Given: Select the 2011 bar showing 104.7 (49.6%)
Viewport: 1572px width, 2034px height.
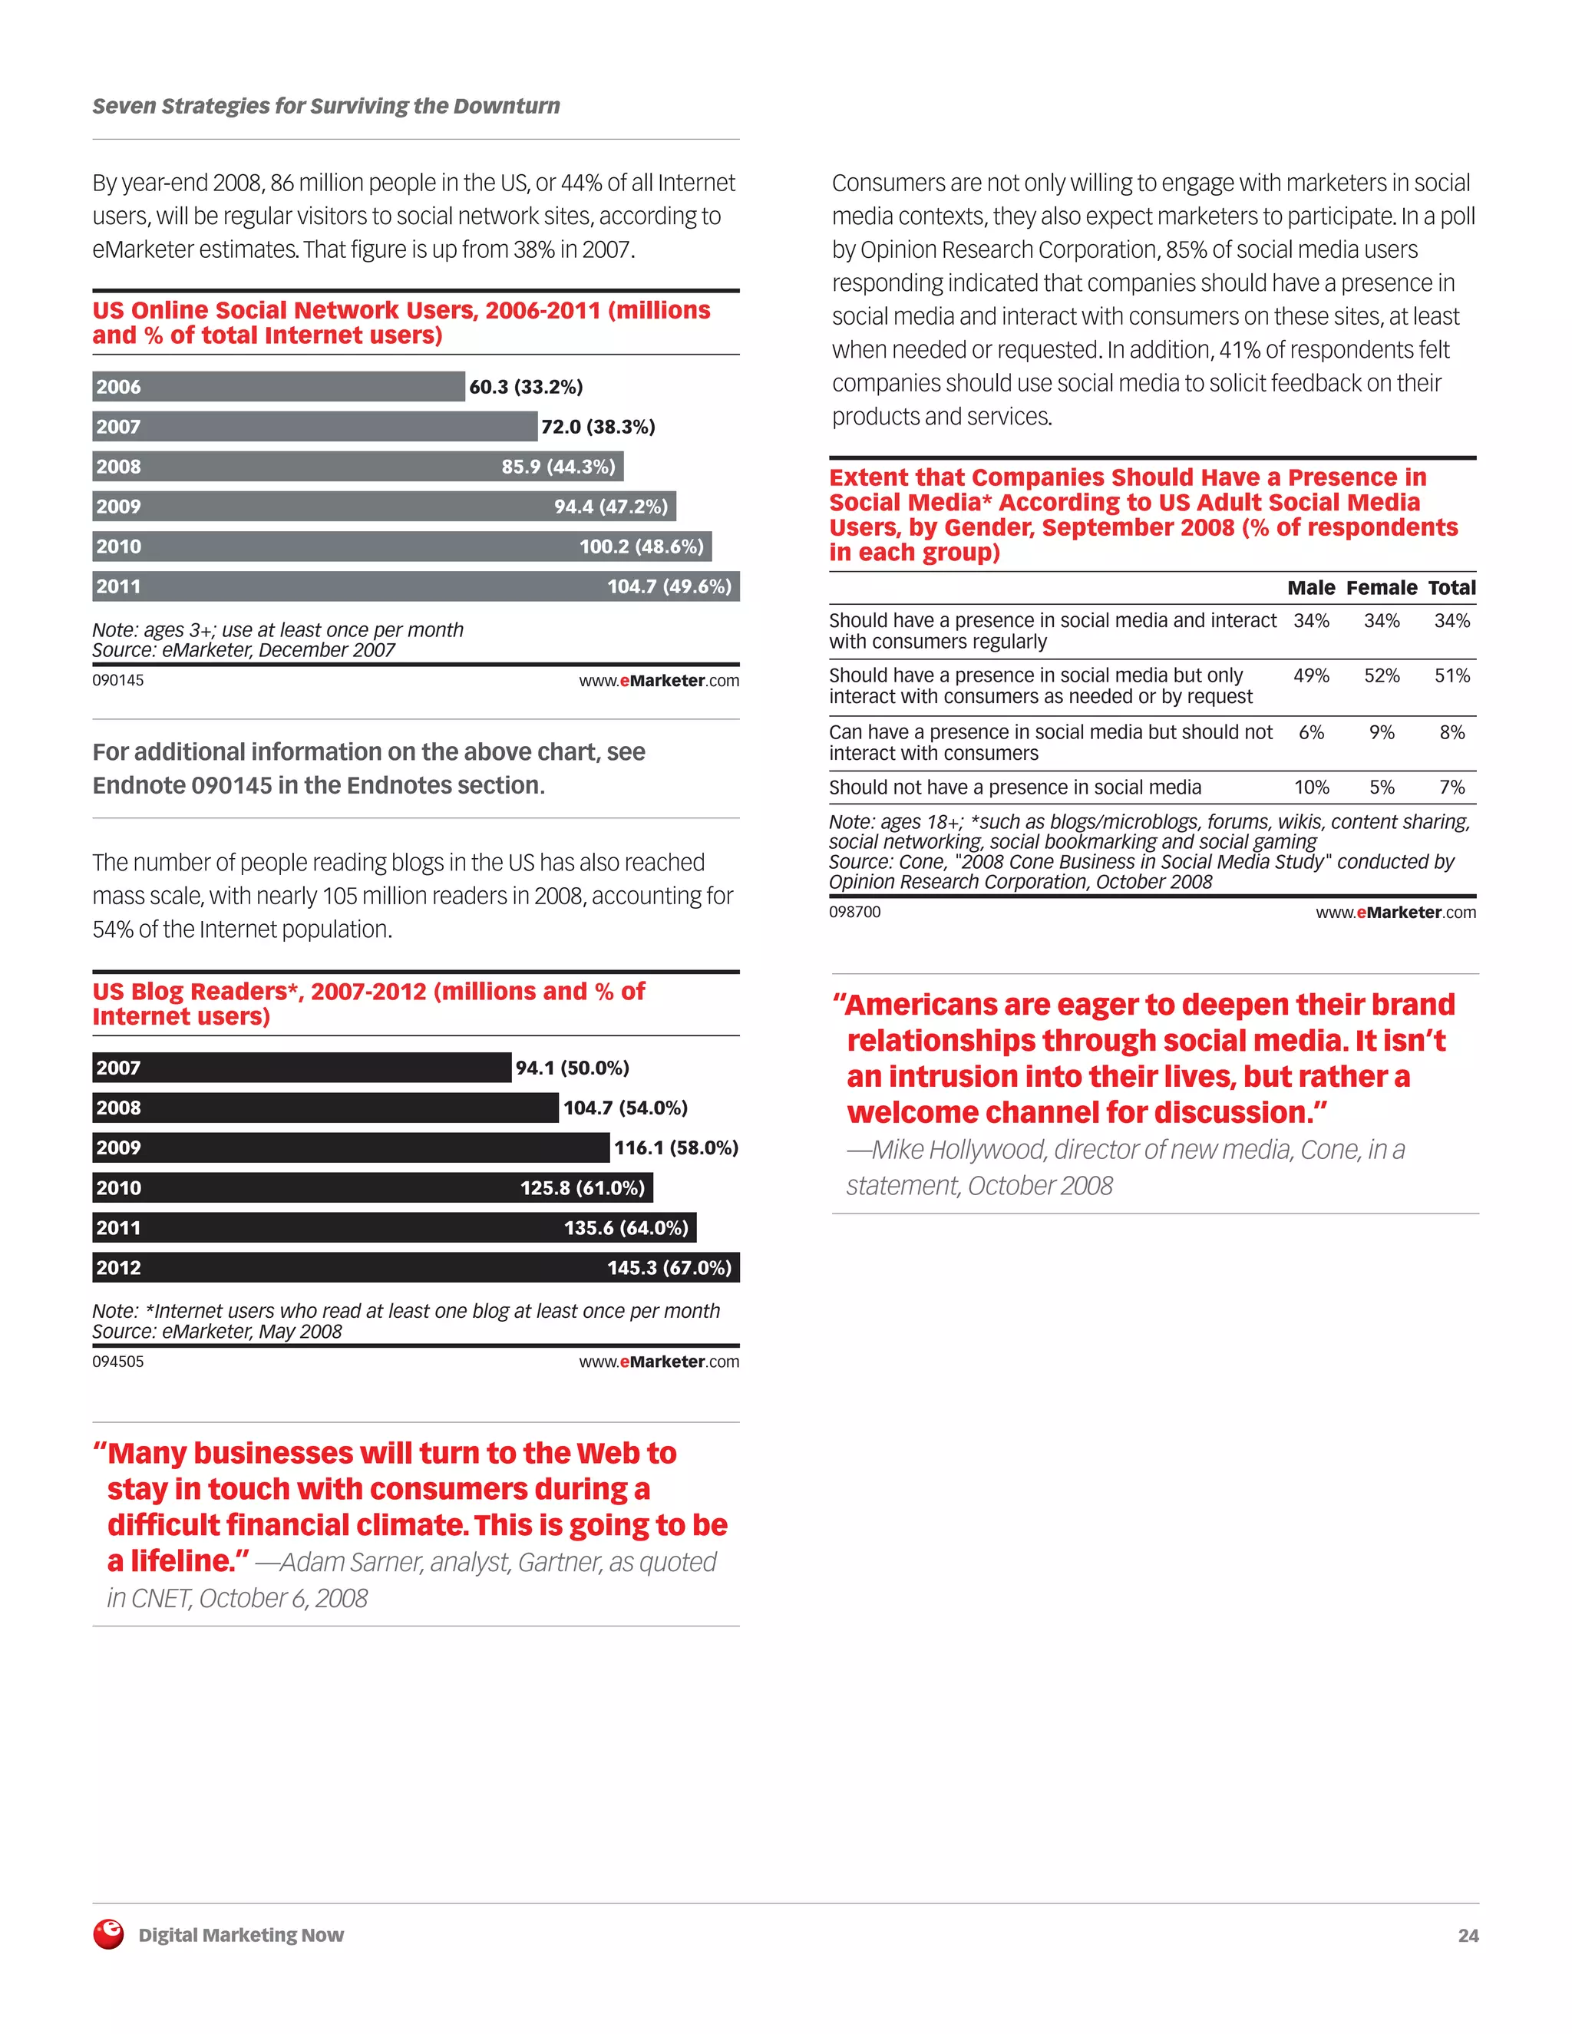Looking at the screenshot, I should pos(415,586).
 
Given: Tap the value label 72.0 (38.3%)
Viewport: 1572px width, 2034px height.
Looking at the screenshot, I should pos(598,427).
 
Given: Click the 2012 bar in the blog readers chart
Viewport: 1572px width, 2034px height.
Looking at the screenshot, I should pos(415,1267).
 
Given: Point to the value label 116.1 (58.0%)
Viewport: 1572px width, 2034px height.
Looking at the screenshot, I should pos(675,1147).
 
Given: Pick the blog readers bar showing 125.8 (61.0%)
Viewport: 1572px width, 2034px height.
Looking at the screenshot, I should pos(372,1187).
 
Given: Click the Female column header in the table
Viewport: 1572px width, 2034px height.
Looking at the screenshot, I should pos(1381,588).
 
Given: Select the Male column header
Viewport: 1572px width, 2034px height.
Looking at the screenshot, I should pos(1310,588).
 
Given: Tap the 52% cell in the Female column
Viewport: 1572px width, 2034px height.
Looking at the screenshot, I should pos(1381,676).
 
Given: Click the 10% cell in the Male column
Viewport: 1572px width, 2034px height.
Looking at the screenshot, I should pos(1311,788).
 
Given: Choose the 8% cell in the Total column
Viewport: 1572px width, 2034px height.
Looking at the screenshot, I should pos(1451,733).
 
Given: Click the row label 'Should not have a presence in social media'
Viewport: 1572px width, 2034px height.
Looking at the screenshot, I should pos(1014,788).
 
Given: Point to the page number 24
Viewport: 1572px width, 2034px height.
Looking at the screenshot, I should pos(1468,1935).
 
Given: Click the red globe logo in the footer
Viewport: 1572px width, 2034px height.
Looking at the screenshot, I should pos(109,1934).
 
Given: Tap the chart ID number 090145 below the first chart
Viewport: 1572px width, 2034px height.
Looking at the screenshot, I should pos(118,681).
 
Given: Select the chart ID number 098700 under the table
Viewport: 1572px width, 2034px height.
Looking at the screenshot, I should pos(854,913).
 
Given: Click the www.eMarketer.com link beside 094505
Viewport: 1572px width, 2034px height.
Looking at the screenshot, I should pos(659,1362).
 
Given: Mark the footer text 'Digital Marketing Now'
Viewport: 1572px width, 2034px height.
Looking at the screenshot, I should pos(241,1935).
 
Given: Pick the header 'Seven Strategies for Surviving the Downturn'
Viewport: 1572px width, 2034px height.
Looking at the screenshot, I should pos(326,106).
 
